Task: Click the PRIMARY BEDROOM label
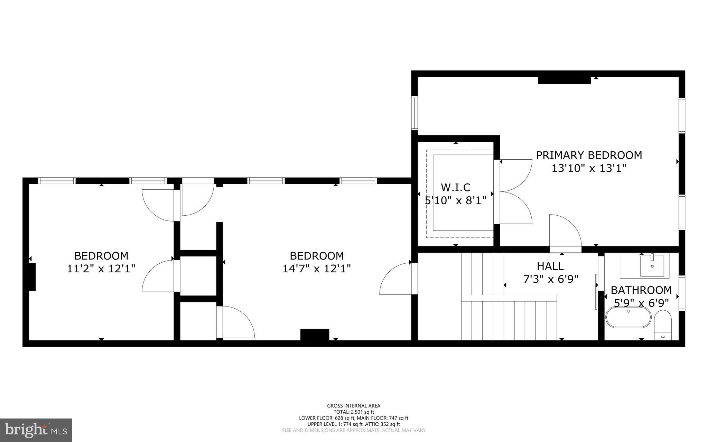(589, 155)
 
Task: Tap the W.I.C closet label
(455, 187)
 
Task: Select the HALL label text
(550, 266)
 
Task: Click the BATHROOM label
(641, 290)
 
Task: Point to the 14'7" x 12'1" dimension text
(316, 269)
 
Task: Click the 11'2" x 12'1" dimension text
(101, 269)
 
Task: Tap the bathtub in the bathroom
(628, 317)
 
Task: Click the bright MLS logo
(36, 430)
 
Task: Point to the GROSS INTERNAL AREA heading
(354, 406)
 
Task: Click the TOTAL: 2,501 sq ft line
(354, 412)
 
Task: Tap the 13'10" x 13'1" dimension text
(589, 168)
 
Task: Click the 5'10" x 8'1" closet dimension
(455, 200)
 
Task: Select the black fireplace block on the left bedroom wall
(32, 277)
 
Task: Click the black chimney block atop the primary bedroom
(564, 80)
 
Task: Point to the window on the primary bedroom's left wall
(414, 113)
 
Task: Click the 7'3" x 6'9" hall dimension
(551, 279)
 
